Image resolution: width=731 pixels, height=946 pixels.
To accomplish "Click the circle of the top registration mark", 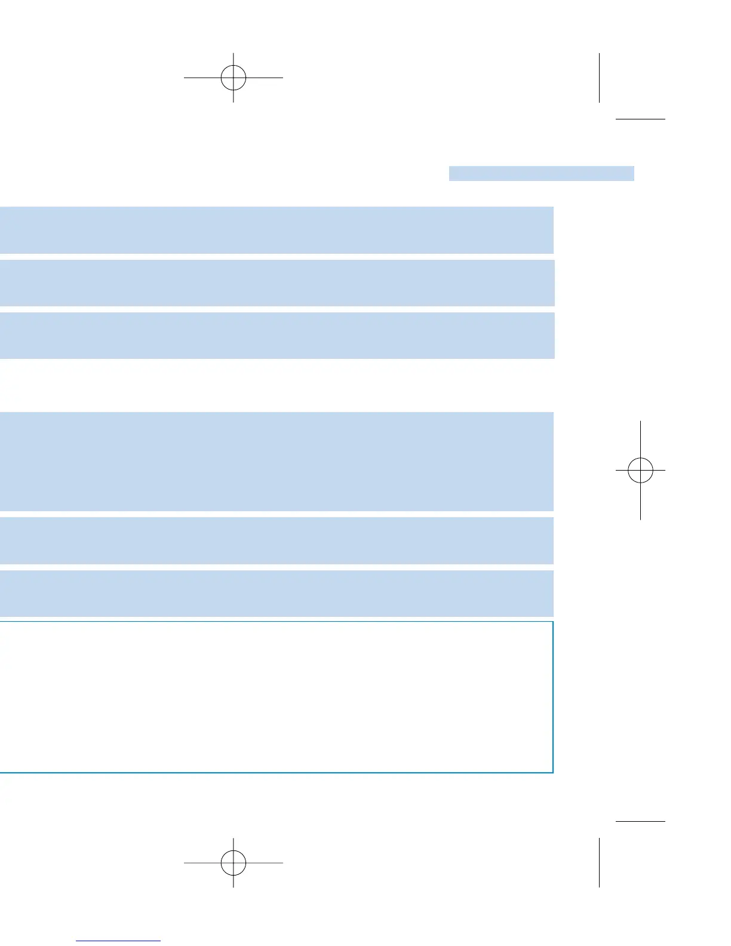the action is point(233,78).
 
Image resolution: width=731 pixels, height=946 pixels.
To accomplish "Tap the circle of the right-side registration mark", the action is point(640,471).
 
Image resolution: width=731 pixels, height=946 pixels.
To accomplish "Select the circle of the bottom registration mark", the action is point(233,862).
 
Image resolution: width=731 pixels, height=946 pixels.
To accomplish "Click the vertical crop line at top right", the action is point(599,78).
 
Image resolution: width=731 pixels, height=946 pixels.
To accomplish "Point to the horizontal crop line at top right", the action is point(640,119).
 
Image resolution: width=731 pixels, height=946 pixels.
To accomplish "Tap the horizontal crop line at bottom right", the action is point(640,821).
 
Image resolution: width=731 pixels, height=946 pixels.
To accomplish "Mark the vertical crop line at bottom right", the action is point(599,862).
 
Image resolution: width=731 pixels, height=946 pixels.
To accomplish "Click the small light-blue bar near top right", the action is point(541,173).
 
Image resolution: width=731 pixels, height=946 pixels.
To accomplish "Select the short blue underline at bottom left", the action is point(118,941).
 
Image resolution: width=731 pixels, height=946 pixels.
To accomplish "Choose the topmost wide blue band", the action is point(277,230).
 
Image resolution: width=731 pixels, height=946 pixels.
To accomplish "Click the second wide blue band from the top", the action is point(277,282).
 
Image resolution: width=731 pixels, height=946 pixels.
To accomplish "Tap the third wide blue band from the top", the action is point(277,335).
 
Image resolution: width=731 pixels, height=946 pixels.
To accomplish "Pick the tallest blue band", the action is point(277,461).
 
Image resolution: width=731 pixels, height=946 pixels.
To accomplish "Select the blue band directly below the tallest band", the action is point(277,540).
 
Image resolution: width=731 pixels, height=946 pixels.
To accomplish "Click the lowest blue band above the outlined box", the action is point(277,593).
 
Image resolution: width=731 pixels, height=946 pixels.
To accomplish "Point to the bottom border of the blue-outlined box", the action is point(277,772).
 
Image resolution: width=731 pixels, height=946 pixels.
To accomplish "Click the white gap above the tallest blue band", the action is point(277,385).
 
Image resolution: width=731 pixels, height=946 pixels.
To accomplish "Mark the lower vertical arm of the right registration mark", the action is point(640,502).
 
